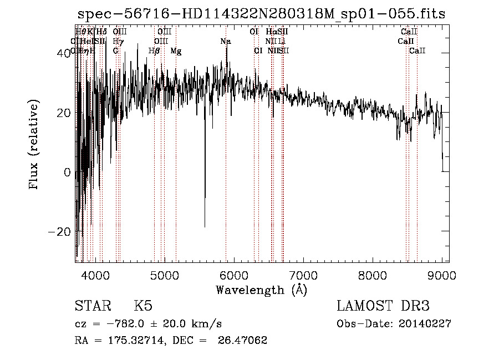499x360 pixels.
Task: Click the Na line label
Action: (x=226, y=41)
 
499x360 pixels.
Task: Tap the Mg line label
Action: (x=176, y=51)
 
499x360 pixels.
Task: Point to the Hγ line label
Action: (x=117, y=41)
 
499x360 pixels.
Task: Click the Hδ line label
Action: (x=101, y=32)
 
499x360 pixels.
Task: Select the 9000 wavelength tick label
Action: (x=441, y=275)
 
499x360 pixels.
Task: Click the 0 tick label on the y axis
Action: (x=67, y=172)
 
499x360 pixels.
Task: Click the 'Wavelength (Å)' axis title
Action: (x=261, y=290)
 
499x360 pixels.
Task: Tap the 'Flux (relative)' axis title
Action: (x=34, y=145)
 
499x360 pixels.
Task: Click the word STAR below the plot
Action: (x=91, y=307)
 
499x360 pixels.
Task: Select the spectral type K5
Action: (x=143, y=307)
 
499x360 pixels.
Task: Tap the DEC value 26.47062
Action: (x=243, y=341)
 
